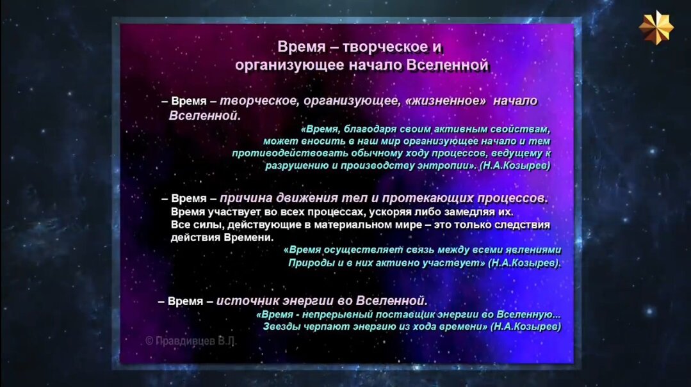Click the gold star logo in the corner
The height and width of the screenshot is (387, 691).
[656, 28]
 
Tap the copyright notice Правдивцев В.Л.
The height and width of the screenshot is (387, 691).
[190, 341]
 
